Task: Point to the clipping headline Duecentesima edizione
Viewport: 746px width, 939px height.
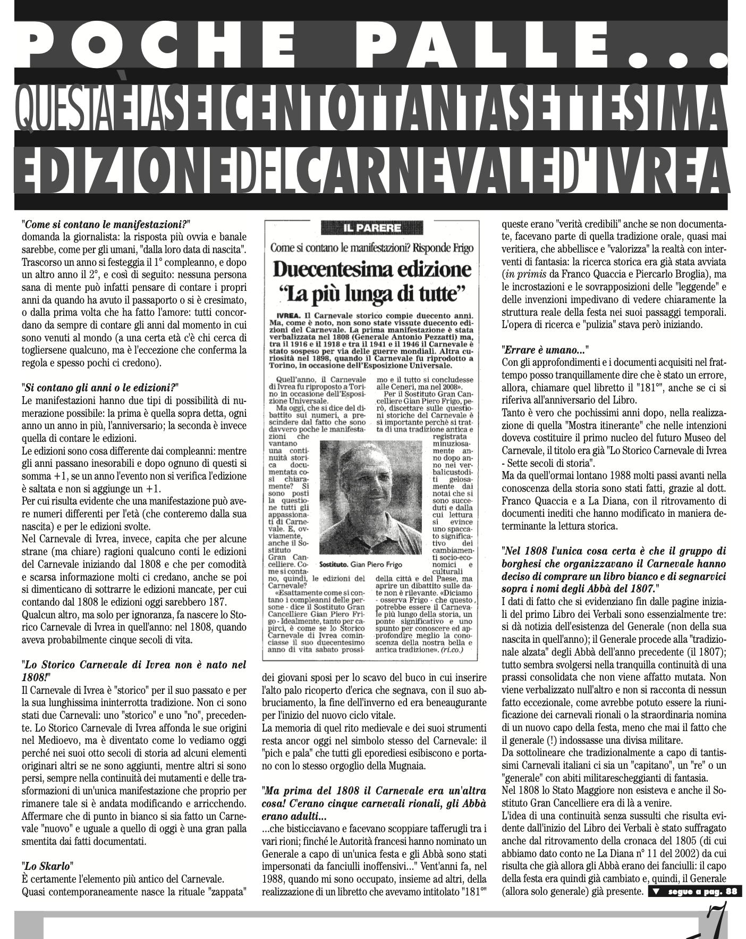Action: [x=371, y=270]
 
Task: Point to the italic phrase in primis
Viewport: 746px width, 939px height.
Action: [x=524, y=274]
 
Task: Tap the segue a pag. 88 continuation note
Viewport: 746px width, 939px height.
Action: [x=696, y=892]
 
